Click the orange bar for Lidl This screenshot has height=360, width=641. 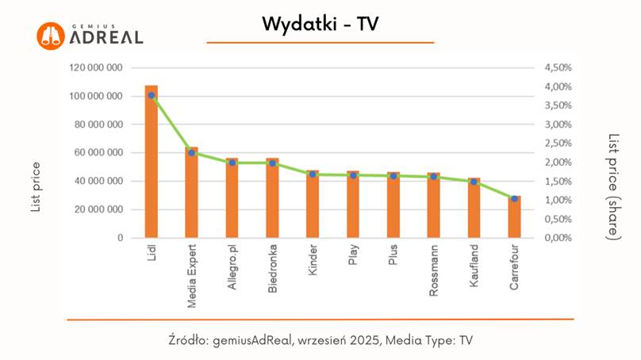click(x=151, y=167)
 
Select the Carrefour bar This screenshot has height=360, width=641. click(x=514, y=219)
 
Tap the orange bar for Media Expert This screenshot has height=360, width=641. click(x=191, y=194)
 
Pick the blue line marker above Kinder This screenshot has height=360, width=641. click(x=313, y=174)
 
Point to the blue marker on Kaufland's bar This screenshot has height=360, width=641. click(x=474, y=182)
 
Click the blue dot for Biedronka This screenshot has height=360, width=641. click(x=272, y=163)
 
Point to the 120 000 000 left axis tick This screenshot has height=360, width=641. click(x=95, y=68)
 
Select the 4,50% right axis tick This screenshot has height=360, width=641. click(x=558, y=68)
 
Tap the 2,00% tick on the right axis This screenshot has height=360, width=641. click(x=558, y=163)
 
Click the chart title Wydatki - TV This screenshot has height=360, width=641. click(x=320, y=25)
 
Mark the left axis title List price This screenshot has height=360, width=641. click(x=36, y=187)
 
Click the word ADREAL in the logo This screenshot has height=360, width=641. click(x=106, y=38)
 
